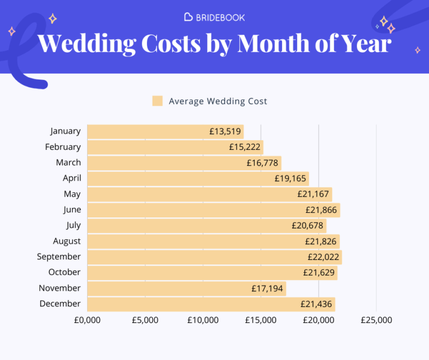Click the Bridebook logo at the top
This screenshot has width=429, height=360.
click(x=214, y=17)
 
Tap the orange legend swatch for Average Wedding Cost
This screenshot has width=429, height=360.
click(x=158, y=101)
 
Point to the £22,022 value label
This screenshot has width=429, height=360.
click(x=324, y=257)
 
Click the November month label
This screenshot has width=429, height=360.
click(x=60, y=288)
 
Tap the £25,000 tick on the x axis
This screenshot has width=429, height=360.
click(x=376, y=320)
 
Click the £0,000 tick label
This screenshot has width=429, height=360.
click(x=87, y=320)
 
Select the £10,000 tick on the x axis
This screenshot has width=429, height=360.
click(x=203, y=320)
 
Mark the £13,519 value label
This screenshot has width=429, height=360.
click(x=226, y=132)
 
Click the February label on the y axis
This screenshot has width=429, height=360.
click(x=63, y=147)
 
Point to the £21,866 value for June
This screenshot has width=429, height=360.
click(x=322, y=210)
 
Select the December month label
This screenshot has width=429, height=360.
click(x=60, y=304)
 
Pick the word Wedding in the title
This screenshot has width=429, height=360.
click(x=87, y=43)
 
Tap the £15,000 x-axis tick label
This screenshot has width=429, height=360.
click(x=261, y=320)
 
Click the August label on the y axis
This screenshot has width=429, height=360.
click(x=66, y=241)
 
